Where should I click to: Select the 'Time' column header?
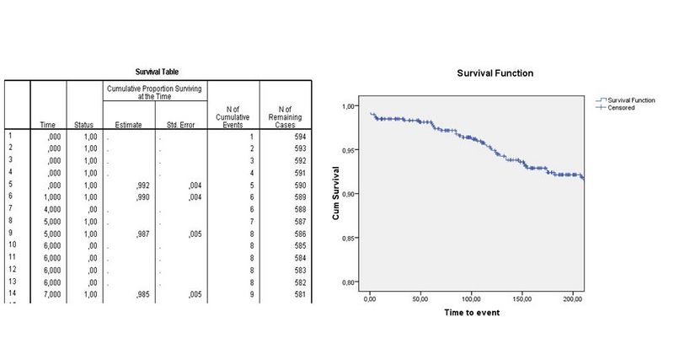[x=48, y=125]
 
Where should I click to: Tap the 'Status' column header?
[x=83, y=125]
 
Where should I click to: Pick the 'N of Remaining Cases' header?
[x=286, y=116]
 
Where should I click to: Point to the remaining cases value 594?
[x=299, y=136]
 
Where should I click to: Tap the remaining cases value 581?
[x=299, y=293]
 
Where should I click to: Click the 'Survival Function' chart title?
[x=495, y=73]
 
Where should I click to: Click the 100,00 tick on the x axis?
[x=471, y=299]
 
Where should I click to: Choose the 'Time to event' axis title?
[x=472, y=313]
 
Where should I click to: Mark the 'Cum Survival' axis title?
[x=334, y=194]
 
